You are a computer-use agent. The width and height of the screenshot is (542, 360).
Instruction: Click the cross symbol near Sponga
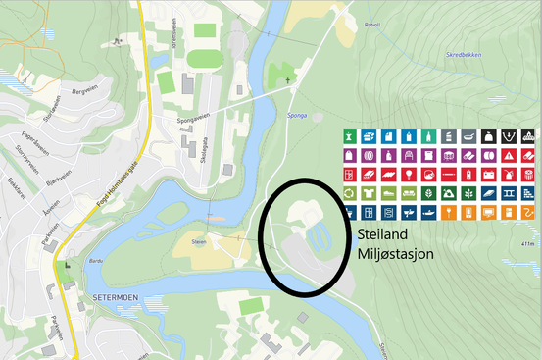click(287, 81)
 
